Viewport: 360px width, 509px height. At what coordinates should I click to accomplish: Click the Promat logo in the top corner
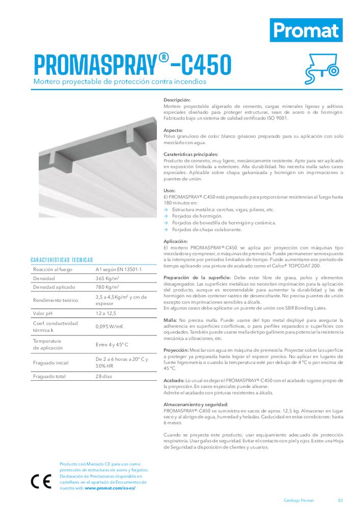(306, 30)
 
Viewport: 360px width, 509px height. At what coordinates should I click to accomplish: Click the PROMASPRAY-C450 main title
(132, 65)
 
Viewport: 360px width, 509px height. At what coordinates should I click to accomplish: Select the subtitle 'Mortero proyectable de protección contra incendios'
(120, 81)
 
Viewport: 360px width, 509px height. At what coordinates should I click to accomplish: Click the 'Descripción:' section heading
(177, 100)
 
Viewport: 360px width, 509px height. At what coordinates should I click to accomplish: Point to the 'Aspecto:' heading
(174, 130)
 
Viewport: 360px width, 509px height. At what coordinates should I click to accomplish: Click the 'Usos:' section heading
(170, 190)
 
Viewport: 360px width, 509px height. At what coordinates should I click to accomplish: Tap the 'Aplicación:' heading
(176, 241)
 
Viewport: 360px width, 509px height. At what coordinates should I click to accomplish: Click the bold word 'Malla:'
(170, 320)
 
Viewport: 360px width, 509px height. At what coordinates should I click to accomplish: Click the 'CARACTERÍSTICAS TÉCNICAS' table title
(62, 260)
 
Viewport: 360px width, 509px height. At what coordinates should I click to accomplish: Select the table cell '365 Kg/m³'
(107, 278)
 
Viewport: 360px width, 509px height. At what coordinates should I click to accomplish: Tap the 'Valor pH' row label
(45, 313)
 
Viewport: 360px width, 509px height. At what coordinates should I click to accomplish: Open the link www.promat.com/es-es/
(110, 488)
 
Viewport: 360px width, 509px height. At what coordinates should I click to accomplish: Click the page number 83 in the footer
(340, 500)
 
